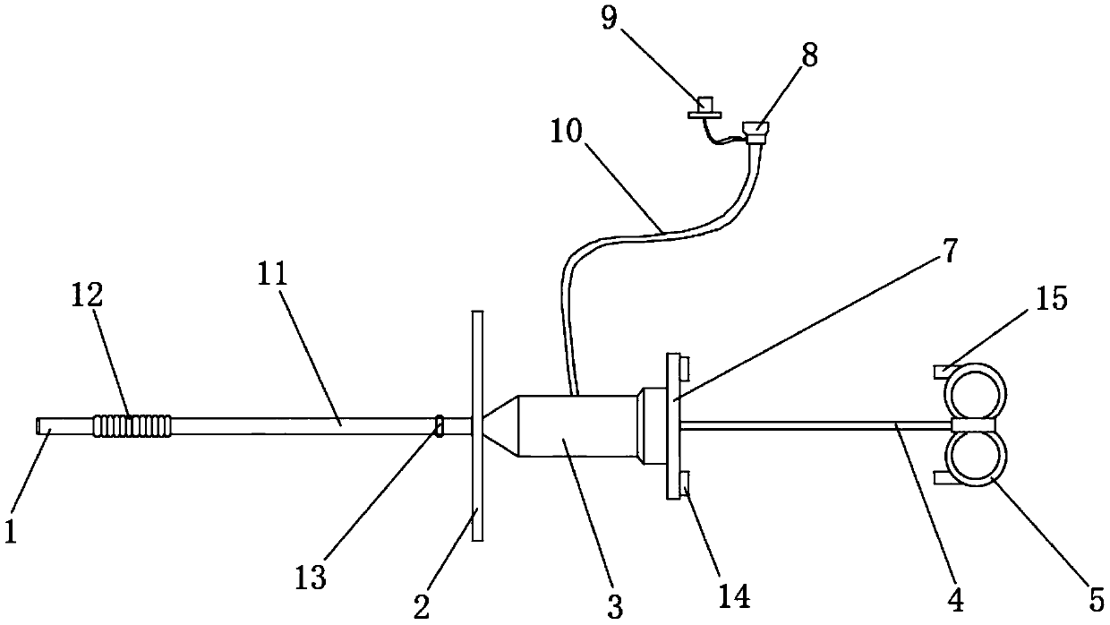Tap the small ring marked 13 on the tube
[440, 424]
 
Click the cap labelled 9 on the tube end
[707, 109]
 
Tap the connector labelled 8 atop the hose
[756, 132]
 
